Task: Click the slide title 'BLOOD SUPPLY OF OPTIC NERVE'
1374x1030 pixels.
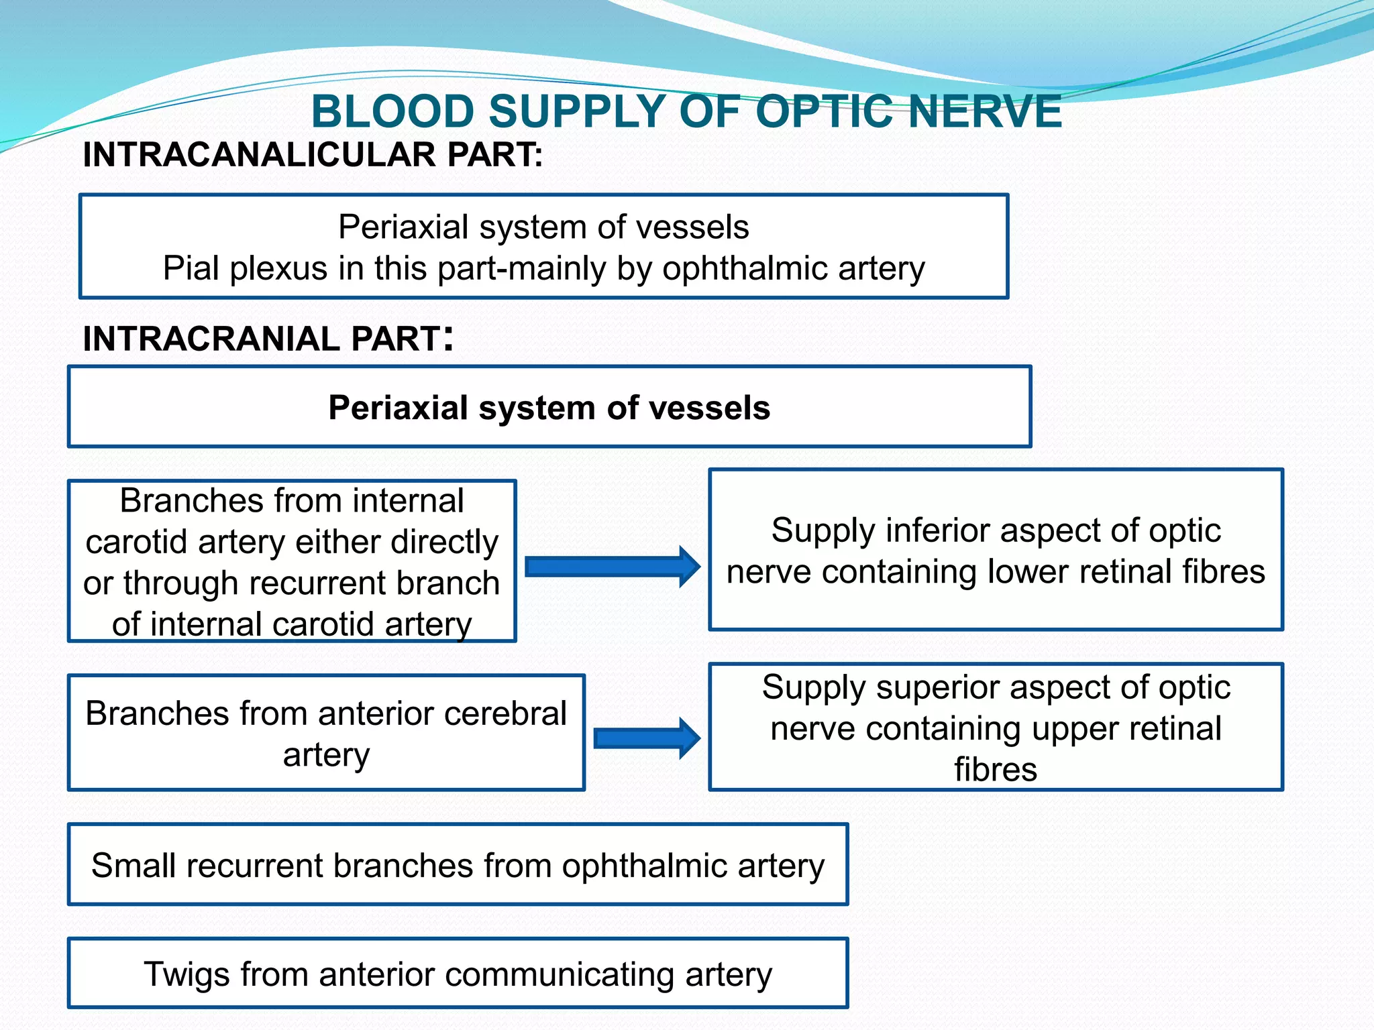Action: pyautogui.click(x=686, y=111)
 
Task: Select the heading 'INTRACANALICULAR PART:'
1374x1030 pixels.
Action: pyautogui.click(x=313, y=155)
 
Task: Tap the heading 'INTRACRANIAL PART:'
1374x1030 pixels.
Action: pyautogui.click(x=268, y=338)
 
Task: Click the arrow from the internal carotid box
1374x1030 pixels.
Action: pyautogui.click(x=612, y=567)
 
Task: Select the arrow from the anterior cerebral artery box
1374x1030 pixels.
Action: pyautogui.click(x=647, y=738)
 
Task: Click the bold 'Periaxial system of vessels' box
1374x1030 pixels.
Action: pyautogui.click(x=549, y=408)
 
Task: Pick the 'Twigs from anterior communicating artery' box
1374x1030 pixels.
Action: pyautogui.click(x=458, y=974)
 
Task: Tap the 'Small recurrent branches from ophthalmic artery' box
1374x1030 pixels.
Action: pyautogui.click(x=458, y=865)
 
